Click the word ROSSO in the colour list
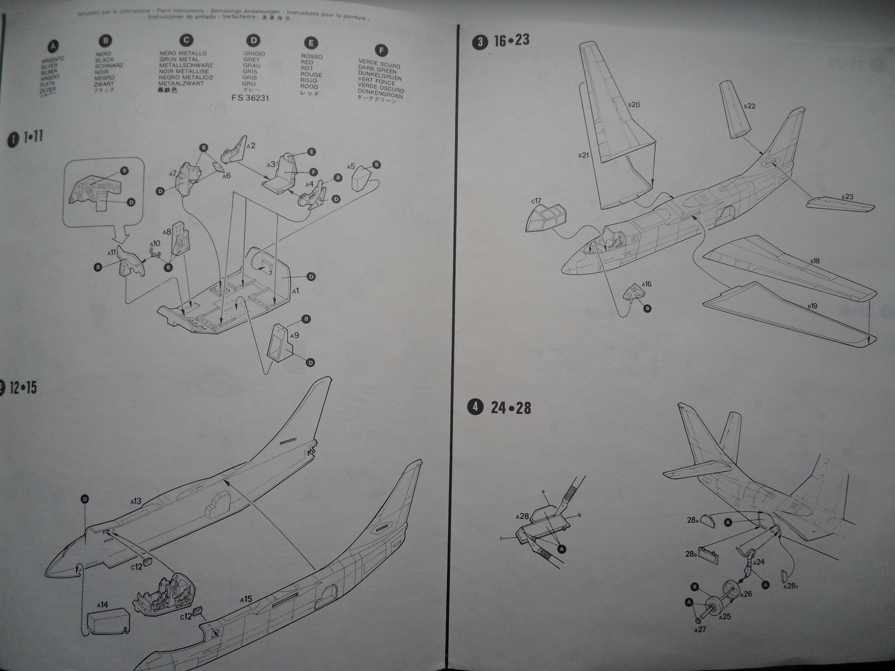click(312, 56)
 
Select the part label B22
click(750, 106)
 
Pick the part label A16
click(646, 284)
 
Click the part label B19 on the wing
click(813, 305)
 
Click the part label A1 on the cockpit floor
click(295, 291)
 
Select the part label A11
click(112, 252)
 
